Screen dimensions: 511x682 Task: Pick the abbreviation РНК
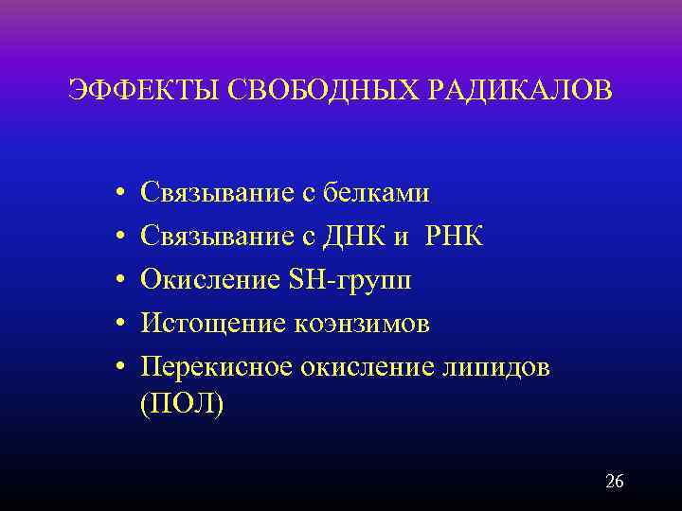pyautogui.click(x=453, y=237)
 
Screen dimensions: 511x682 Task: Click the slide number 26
pyautogui.click(x=614, y=482)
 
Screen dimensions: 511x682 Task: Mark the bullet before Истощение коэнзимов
pyautogui.click(x=112, y=325)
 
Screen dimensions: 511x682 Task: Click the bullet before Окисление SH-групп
pyautogui.click(x=112, y=281)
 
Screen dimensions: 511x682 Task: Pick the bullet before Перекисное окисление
pyautogui.click(x=112, y=368)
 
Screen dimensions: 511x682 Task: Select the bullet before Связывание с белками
pyautogui.click(x=112, y=194)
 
